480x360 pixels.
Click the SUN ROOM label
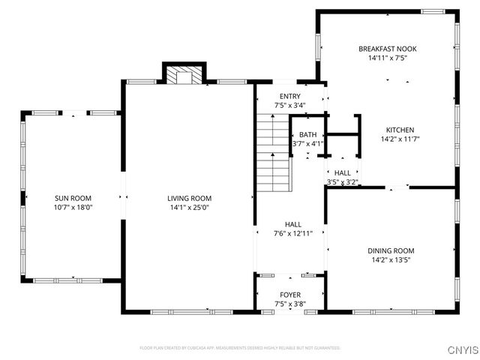point(73,198)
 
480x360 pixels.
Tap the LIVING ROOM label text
point(188,198)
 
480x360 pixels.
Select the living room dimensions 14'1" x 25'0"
point(188,208)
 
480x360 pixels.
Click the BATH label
point(307,134)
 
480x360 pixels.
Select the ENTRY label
point(289,97)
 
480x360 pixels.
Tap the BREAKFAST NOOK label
point(387,49)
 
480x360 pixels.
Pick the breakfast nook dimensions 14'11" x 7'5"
point(387,58)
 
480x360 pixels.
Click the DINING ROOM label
point(390,250)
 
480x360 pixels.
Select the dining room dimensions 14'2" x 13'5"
point(390,260)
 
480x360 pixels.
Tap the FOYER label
point(290,295)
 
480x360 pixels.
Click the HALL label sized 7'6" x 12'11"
point(292,224)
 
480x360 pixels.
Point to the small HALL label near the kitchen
point(342,172)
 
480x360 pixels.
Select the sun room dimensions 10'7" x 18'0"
point(73,208)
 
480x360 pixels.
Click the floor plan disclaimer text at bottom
point(240,348)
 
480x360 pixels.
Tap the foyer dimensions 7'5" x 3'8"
point(290,304)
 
